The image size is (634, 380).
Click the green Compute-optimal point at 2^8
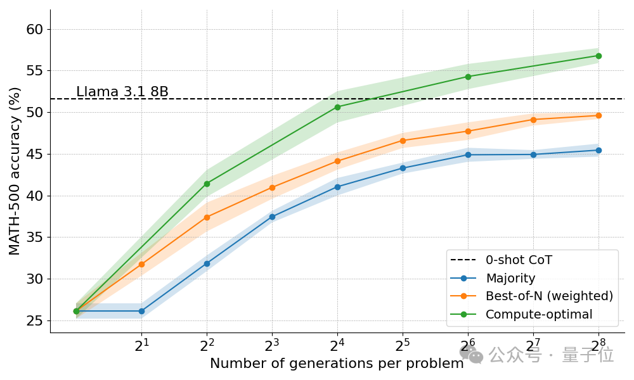click(x=598, y=56)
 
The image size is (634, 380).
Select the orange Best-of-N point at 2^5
click(x=403, y=141)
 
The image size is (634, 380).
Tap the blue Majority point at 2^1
click(x=141, y=311)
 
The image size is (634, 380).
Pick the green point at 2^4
click(x=337, y=107)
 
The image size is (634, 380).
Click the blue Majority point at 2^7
click(x=533, y=155)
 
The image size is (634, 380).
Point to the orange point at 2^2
click(x=207, y=217)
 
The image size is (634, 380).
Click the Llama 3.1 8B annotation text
click(x=122, y=92)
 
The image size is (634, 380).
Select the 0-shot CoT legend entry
click(x=519, y=260)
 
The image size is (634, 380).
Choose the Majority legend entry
click(x=510, y=278)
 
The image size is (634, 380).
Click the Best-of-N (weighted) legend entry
click(x=549, y=296)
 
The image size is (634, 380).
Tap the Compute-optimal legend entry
click(x=539, y=314)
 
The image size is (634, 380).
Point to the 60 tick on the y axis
click(x=35, y=29)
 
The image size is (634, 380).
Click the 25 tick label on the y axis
click(x=35, y=321)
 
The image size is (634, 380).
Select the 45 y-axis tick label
click(x=35, y=155)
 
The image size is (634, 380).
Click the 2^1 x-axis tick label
click(x=141, y=346)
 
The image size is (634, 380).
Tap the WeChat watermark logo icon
click(x=471, y=355)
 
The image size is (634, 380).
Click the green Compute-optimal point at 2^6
click(x=468, y=77)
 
